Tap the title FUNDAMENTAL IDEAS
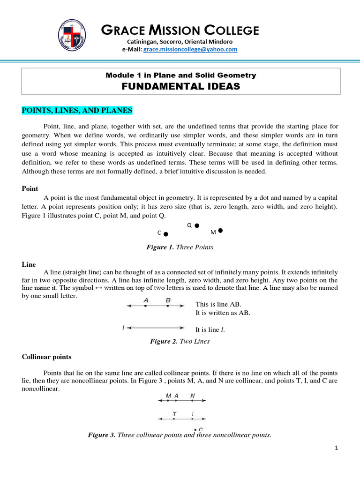[180, 86]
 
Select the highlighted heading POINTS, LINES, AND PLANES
[77, 110]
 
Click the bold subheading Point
[30, 188]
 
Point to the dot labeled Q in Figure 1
[197, 225]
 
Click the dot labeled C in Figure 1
[166, 233]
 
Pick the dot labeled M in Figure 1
[220, 231]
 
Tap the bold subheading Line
[29, 264]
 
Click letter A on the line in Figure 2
[146, 300]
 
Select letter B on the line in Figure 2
[168, 300]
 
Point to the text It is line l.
[210, 330]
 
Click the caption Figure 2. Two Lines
[180, 341]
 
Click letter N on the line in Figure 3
[192, 396]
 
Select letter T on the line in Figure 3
[174, 414]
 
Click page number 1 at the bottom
[337, 448]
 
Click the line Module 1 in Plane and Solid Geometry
[180, 75]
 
